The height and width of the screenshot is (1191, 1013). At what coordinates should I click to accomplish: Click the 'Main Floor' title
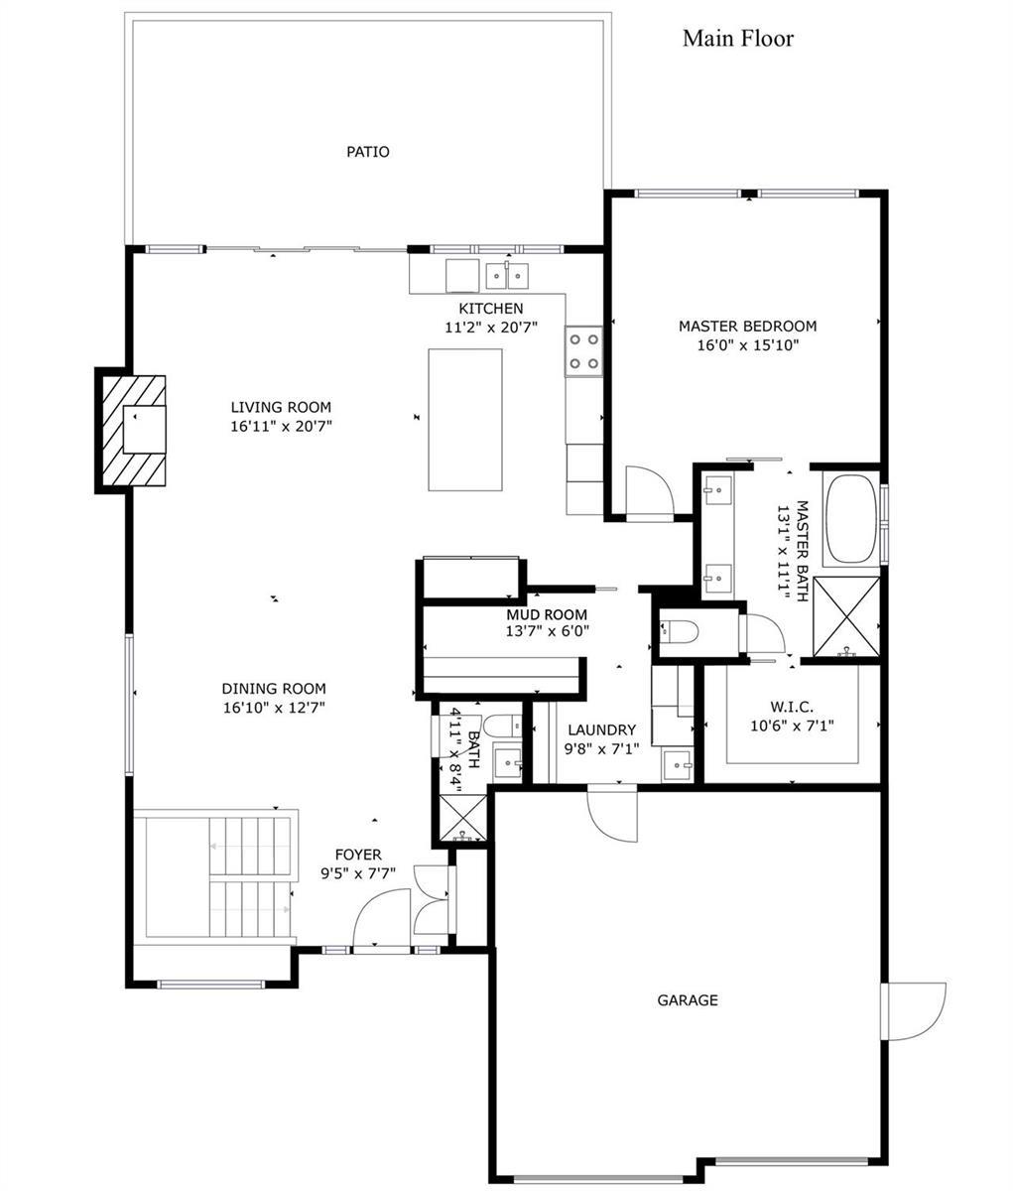(x=738, y=39)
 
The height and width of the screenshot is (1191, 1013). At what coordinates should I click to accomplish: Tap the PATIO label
(x=368, y=152)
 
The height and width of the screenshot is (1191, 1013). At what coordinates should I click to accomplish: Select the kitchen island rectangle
(x=464, y=420)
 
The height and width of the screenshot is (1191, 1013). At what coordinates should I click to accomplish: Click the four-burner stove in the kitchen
(x=583, y=351)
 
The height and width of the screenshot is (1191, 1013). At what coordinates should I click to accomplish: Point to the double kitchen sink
(x=507, y=276)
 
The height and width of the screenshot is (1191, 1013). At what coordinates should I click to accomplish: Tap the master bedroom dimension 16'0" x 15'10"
(x=748, y=345)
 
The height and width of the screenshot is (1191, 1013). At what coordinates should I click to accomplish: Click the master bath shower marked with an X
(x=846, y=616)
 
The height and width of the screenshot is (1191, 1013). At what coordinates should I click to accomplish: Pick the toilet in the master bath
(x=680, y=631)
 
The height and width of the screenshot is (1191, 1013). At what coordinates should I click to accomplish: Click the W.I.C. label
(x=792, y=707)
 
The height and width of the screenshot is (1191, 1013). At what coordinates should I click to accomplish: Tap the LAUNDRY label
(x=602, y=730)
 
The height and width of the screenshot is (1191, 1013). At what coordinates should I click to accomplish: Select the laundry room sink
(x=677, y=764)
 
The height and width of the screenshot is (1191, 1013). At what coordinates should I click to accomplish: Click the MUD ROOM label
(x=547, y=614)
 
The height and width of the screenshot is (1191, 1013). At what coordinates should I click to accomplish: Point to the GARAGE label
(x=688, y=999)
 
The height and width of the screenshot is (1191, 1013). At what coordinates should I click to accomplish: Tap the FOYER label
(x=358, y=854)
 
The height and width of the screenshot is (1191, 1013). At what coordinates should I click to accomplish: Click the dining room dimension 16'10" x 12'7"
(x=274, y=707)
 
